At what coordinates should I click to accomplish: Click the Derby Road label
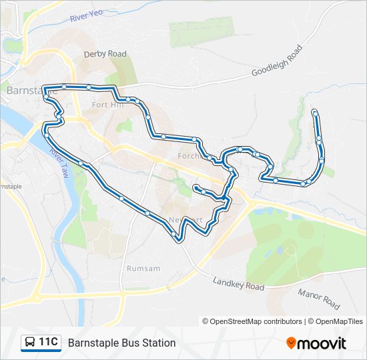tap(105, 54)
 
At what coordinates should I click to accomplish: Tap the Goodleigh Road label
tap(277, 61)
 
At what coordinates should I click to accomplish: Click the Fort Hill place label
tap(107, 105)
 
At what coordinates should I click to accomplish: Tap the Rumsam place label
tap(143, 268)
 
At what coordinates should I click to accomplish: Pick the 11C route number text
tap(48, 342)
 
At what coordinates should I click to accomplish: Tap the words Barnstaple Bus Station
tap(121, 343)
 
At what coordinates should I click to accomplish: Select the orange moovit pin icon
tap(292, 343)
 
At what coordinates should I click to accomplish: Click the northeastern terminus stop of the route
tap(315, 112)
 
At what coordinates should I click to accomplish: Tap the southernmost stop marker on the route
tap(175, 235)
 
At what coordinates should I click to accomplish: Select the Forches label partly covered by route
tap(190, 156)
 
